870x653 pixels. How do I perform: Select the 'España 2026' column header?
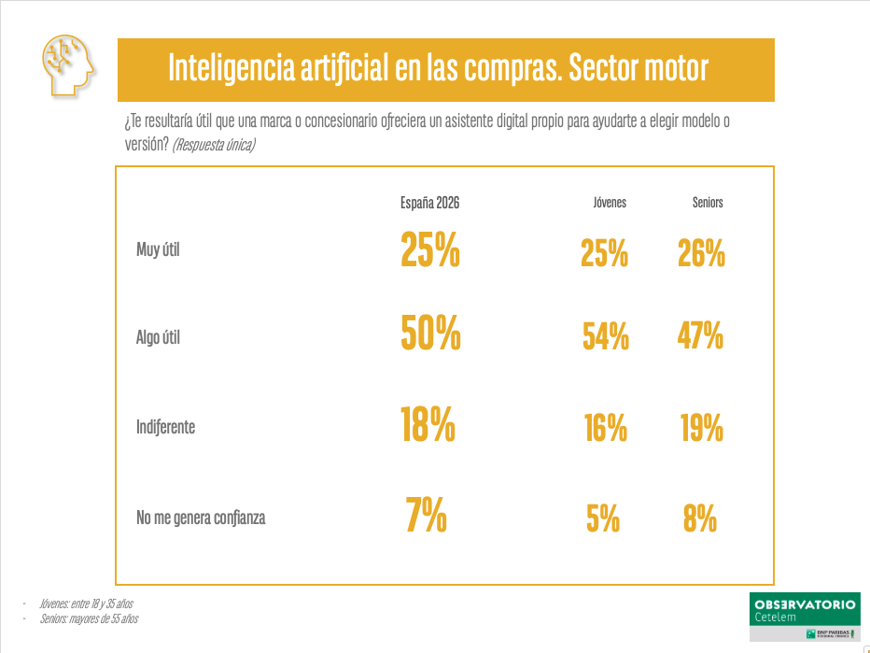point(430,203)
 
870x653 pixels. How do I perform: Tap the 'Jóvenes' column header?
point(610,203)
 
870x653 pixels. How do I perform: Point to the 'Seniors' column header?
point(708,203)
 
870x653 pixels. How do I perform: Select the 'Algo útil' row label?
point(158,338)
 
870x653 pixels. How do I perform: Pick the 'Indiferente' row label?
point(166,427)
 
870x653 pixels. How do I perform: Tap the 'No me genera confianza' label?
point(201,517)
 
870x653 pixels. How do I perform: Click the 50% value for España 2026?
point(430,334)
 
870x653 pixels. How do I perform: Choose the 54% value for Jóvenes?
point(605,336)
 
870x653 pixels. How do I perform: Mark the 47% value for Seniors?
point(700,334)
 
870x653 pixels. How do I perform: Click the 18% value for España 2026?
point(428,424)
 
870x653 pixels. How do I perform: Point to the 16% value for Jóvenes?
point(605,428)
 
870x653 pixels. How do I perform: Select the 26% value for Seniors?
point(701,252)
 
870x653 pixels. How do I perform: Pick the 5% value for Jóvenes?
point(603,518)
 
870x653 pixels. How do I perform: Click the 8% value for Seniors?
point(699,518)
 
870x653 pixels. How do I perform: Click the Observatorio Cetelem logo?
point(804,614)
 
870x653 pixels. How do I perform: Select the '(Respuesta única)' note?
point(214,145)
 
